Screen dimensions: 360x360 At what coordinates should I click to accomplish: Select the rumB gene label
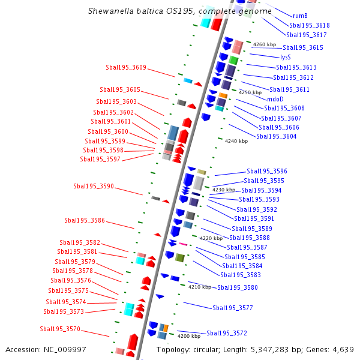coord(300,16)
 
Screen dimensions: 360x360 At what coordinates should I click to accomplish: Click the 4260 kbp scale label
coord(265,44)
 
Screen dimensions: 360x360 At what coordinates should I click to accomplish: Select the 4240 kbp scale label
coord(236,141)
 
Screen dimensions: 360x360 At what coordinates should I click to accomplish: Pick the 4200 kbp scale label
coord(188,337)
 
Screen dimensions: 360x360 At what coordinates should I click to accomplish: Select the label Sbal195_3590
coord(94,186)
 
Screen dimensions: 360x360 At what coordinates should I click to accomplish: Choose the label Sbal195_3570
coord(60,329)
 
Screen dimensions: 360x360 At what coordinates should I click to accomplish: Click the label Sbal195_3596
coord(267,171)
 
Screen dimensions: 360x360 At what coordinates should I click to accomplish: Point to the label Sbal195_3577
coord(233,308)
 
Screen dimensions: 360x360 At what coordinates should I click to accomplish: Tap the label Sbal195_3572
coord(227,333)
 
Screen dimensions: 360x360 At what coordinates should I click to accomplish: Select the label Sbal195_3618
coord(310,25)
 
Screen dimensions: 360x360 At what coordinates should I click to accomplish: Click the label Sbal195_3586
coord(85,220)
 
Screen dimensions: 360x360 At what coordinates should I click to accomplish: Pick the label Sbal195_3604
coord(277,136)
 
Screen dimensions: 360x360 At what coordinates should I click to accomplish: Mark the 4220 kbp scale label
coord(211,238)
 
